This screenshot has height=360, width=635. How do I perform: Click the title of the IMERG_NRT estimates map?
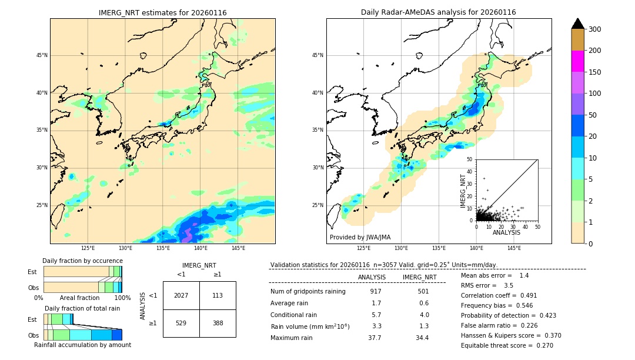162,12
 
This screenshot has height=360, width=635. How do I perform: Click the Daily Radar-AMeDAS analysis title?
438,12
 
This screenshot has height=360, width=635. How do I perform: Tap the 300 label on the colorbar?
596,29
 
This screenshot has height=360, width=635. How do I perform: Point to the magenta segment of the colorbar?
577,61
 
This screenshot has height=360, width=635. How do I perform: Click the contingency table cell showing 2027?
181,295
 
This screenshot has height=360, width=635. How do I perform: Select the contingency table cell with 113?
218,295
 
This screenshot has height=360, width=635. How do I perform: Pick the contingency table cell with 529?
181,323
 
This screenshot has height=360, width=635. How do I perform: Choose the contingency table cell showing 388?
218,323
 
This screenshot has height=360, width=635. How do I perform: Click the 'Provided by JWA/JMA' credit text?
360,238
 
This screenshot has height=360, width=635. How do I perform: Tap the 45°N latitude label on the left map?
41,55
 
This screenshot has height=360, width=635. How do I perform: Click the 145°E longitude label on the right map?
514,248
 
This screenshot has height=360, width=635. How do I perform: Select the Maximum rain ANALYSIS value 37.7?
375,338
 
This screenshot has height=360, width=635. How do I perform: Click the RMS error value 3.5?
509,285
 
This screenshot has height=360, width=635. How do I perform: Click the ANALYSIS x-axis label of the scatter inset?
506,232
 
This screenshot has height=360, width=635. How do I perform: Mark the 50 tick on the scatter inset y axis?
470,159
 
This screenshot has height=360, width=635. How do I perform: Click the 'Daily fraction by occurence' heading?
82,261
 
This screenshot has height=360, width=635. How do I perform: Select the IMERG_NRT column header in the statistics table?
419,277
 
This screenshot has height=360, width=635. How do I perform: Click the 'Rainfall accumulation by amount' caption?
82,345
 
